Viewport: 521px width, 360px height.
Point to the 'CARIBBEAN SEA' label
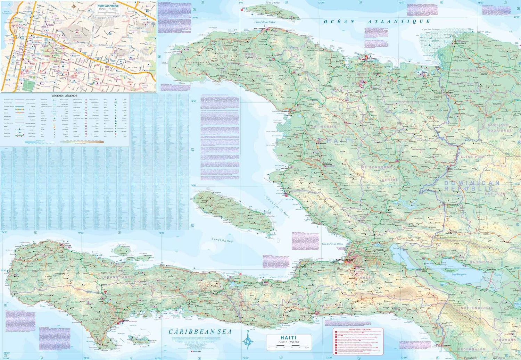click(x=200, y=332)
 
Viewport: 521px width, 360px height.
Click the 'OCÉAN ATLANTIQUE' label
click(x=377, y=22)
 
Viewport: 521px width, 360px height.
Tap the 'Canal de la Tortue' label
click(x=265, y=22)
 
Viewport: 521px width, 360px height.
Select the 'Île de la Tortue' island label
click(x=272, y=3)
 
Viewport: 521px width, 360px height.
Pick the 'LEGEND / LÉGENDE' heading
click(x=65, y=95)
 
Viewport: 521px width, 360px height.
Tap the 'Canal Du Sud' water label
click(x=222, y=240)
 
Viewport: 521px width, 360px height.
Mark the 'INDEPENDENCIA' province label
click(x=476, y=308)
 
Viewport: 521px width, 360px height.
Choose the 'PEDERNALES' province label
click(x=471, y=349)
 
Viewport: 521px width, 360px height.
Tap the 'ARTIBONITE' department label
click(x=323, y=127)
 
